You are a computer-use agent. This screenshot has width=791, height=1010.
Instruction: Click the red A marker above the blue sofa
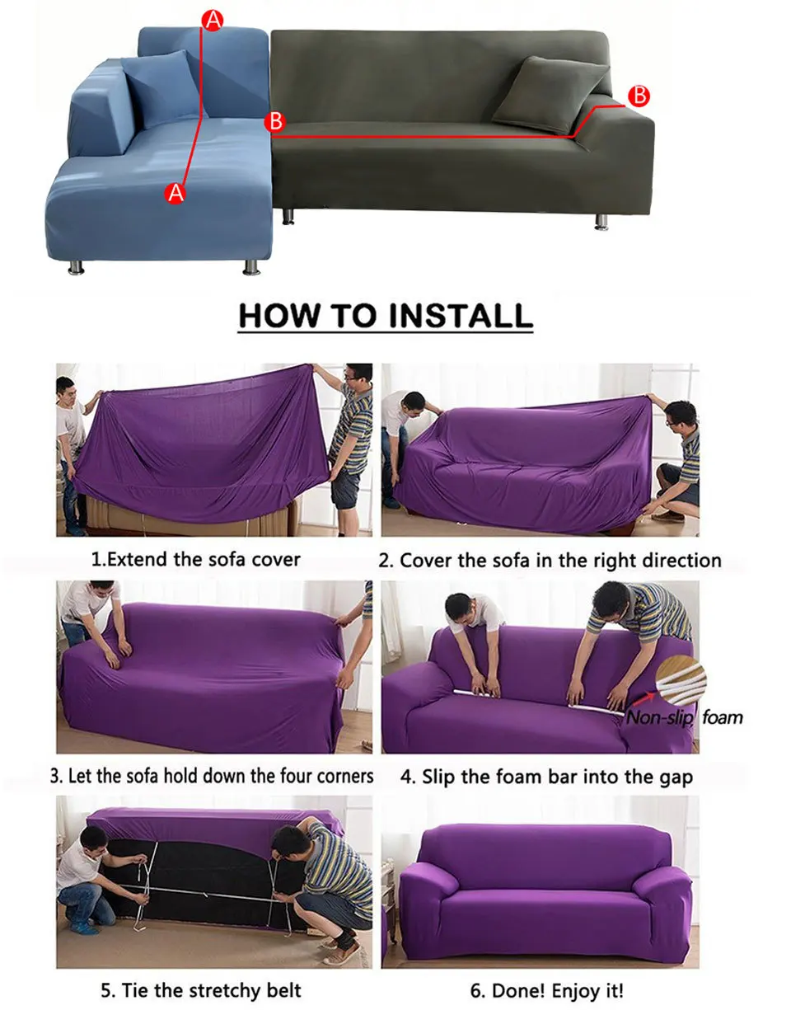point(213,21)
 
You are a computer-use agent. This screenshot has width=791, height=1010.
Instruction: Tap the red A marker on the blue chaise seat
point(176,192)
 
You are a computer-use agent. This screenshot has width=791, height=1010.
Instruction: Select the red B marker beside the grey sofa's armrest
point(639,96)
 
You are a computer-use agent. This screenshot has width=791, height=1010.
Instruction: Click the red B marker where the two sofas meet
point(275,122)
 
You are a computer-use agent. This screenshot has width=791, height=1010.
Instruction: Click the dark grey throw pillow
point(550,96)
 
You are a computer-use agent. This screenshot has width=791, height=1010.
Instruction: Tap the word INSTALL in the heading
point(461,316)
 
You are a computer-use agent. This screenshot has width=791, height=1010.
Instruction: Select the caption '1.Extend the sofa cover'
point(195,560)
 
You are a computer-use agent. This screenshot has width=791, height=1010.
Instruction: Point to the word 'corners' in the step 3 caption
point(345,776)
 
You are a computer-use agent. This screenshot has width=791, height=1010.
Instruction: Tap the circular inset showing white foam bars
point(681,680)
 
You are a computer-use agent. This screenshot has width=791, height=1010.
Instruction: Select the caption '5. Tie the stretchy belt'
point(201,990)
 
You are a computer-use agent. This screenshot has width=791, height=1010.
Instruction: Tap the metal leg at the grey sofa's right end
point(601,222)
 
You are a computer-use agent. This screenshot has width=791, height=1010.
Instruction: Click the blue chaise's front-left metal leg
point(76,267)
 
